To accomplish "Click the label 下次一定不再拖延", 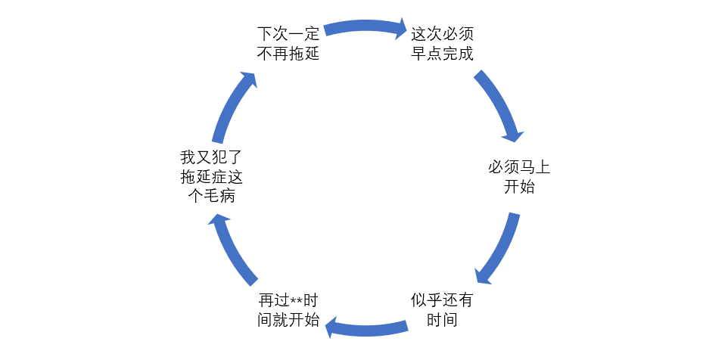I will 288,44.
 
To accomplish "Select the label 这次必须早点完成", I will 442,44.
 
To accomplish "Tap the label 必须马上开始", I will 519,177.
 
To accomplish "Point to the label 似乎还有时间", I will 442,309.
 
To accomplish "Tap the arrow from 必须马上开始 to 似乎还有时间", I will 499,249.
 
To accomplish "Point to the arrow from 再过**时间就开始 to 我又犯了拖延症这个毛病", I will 231,249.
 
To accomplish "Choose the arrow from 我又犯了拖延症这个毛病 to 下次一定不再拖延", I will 231,106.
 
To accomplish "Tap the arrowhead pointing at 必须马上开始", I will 513,134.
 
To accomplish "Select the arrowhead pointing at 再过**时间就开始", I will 332,327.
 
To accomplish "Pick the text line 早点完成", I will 442,54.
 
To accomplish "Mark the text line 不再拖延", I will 288,54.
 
